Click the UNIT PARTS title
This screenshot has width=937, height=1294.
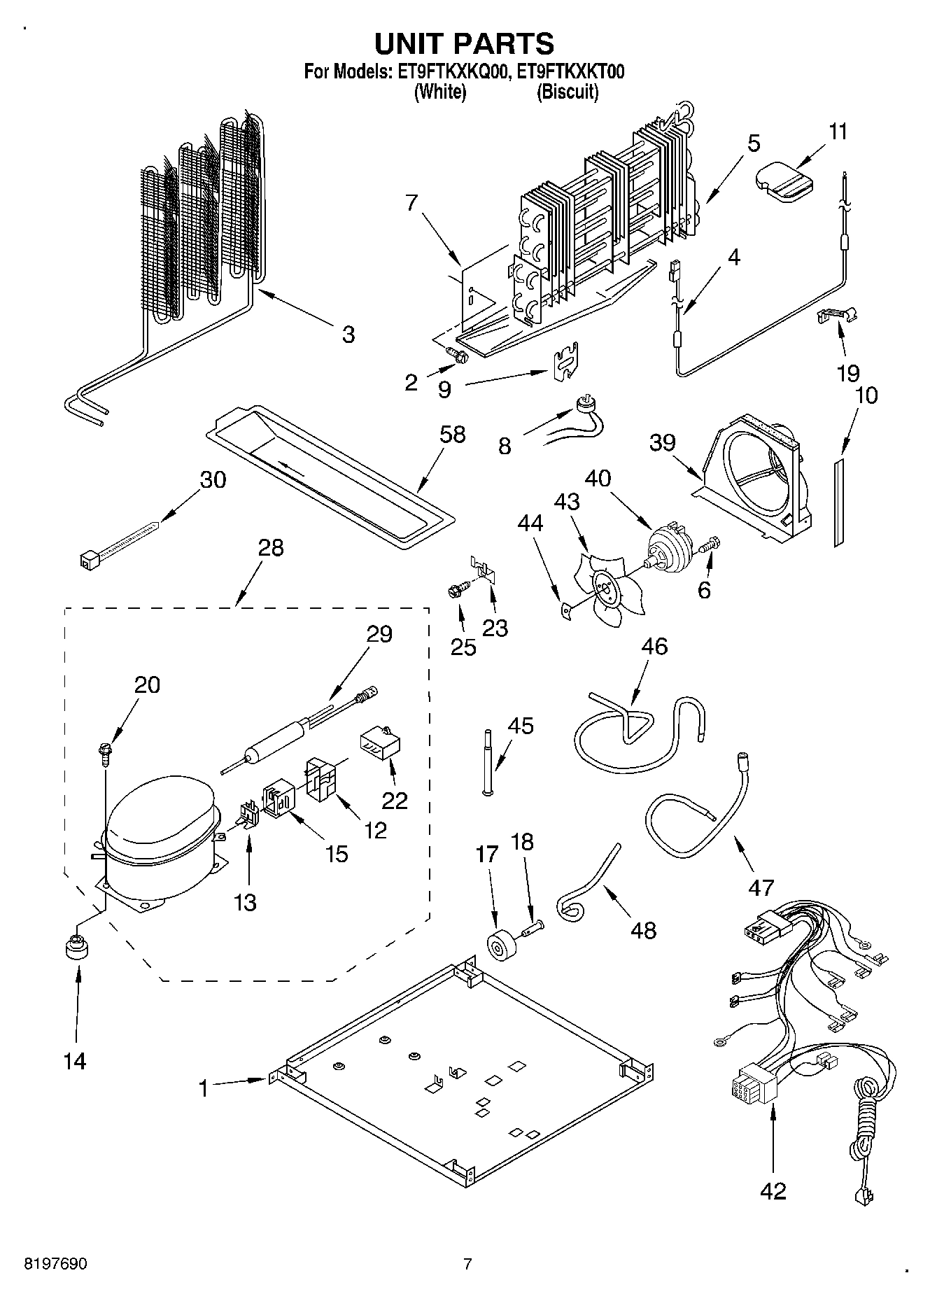click(464, 43)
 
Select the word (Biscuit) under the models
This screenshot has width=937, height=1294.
click(567, 92)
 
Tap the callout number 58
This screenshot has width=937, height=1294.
click(452, 435)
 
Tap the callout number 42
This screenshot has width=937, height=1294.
click(773, 1190)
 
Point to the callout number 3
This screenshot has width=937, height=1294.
click(348, 334)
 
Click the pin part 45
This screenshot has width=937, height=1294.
click(486, 761)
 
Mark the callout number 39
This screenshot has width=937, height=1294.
click(662, 442)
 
